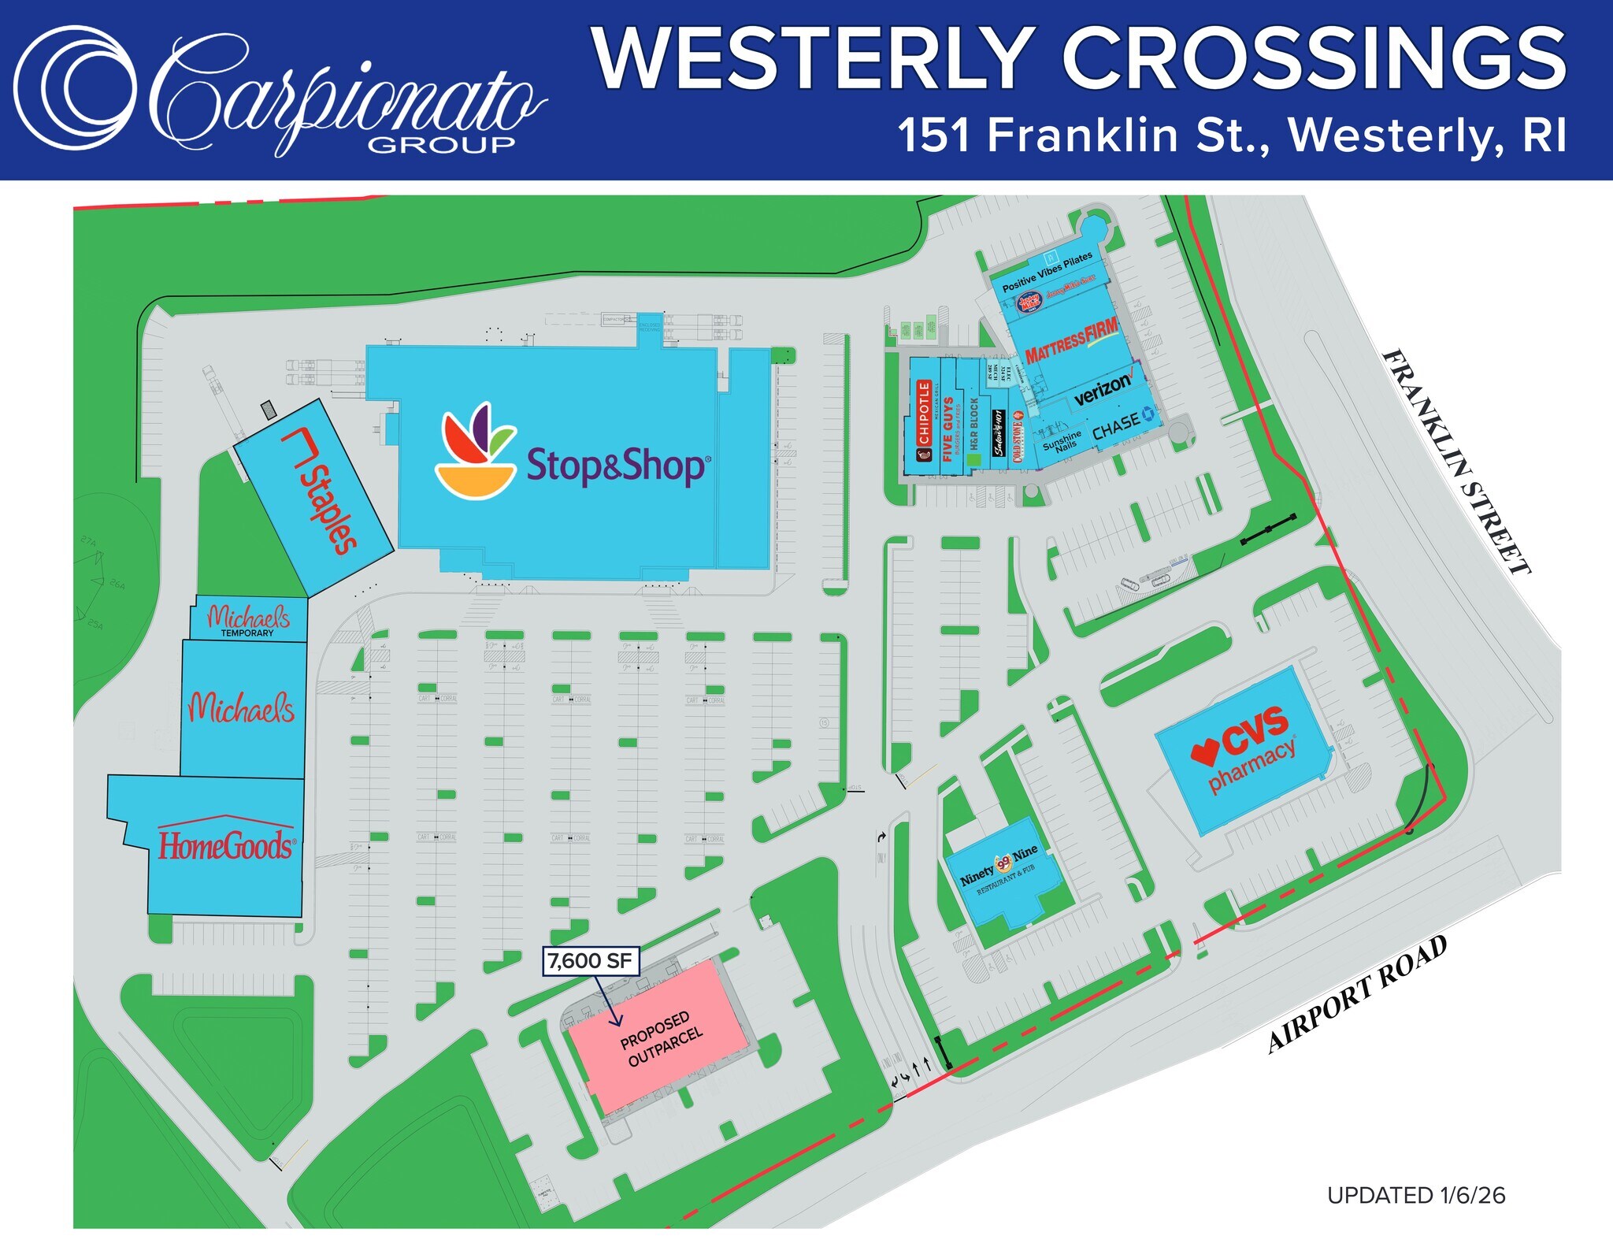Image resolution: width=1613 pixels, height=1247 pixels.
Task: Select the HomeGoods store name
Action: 227,845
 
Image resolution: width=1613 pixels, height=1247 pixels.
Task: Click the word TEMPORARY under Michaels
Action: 247,633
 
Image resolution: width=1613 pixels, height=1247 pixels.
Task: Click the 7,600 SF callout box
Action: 590,961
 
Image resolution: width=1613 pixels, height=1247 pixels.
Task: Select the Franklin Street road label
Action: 1457,461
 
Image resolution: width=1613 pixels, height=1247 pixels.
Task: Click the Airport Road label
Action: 1358,994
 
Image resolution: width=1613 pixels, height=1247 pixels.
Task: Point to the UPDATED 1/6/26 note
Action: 1415,1195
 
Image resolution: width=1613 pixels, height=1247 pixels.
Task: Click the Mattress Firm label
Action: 1071,340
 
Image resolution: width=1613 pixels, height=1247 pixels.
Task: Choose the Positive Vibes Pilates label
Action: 1047,271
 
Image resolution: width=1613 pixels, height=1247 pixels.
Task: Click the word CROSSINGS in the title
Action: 1315,59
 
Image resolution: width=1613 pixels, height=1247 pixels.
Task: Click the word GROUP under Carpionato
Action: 441,144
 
